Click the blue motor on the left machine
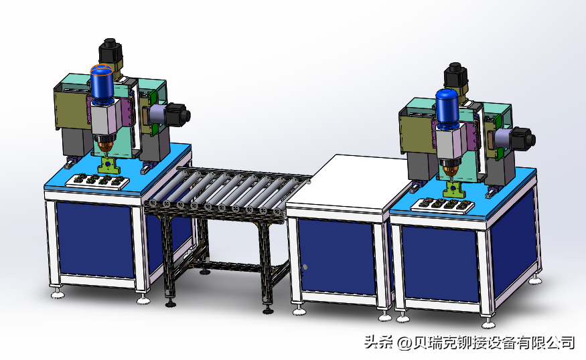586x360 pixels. [102, 84]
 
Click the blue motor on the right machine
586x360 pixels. [447, 106]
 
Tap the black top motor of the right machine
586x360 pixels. [455, 76]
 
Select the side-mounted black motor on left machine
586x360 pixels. [178, 114]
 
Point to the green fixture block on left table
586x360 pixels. [108, 165]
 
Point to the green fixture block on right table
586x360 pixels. [453, 189]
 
